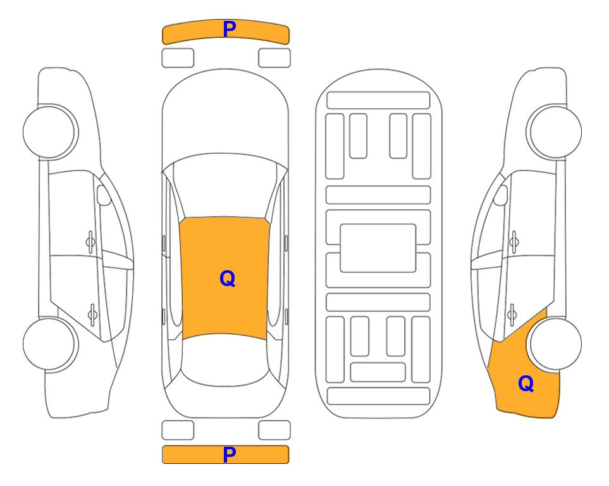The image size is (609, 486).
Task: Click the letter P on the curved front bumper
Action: (x=230, y=29)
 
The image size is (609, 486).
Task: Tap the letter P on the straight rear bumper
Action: (x=230, y=454)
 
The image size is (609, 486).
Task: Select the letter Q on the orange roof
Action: (x=227, y=278)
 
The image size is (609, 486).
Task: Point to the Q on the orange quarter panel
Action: (x=526, y=383)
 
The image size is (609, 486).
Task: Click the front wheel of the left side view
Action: (x=49, y=132)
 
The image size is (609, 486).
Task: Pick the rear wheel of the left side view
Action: (x=49, y=344)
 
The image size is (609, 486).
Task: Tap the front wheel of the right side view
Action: (x=555, y=132)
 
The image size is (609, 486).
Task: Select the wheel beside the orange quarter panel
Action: (x=555, y=344)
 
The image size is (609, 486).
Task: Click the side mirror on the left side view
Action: (x=103, y=195)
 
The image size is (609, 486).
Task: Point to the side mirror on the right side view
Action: (x=501, y=195)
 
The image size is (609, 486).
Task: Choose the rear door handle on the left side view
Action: (x=92, y=314)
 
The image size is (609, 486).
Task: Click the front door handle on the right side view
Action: (x=514, y=242)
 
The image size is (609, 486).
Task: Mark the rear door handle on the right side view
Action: (x=512, y=314)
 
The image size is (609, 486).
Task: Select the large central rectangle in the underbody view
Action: (x=378, y=248)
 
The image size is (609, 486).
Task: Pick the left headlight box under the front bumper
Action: (x=178, y=58)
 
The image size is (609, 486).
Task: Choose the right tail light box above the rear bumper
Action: (x=274, y=430)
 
